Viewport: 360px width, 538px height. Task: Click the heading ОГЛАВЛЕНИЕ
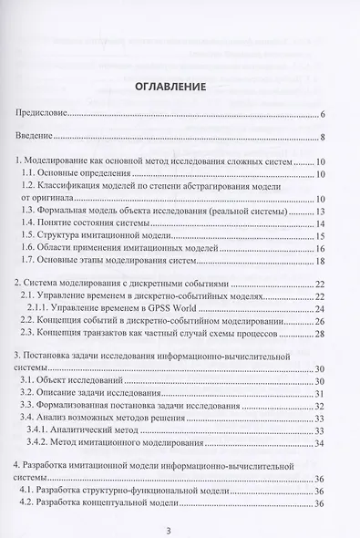click(x=180, y=88)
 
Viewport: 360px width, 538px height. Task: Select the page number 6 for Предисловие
click(x=324, y=116)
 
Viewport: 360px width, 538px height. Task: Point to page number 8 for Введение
click(x=324, y=139)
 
